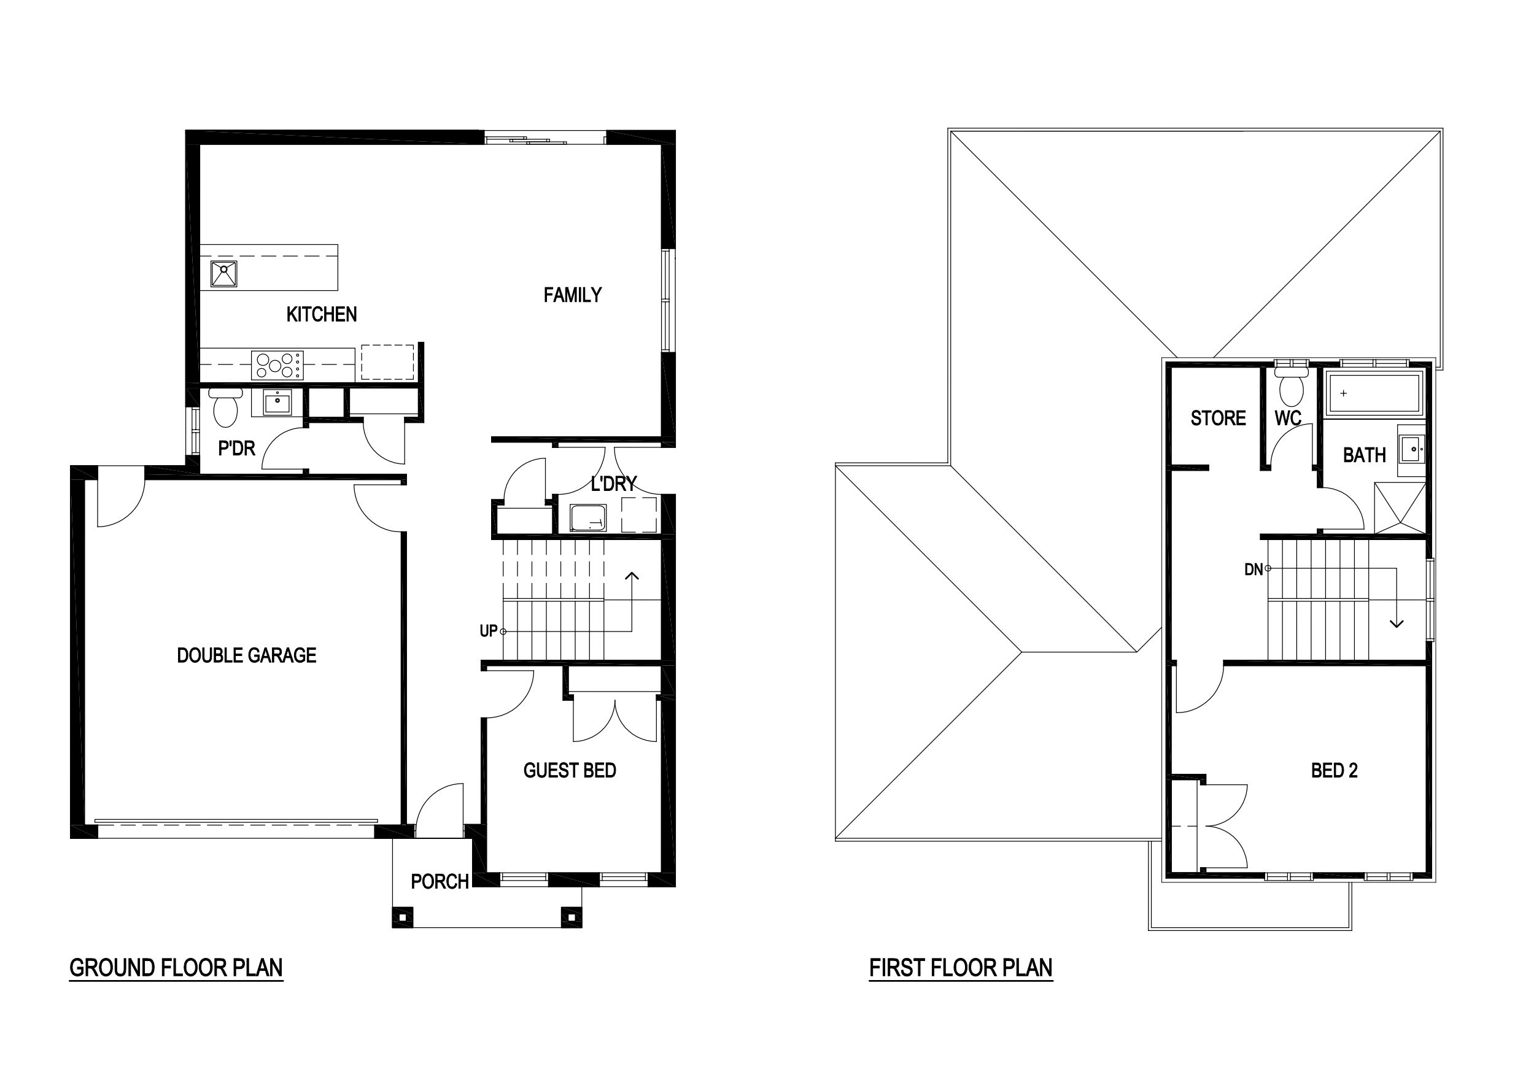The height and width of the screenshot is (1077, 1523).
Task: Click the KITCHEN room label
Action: [322, 314]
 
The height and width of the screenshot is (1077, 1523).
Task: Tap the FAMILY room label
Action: [573, 295]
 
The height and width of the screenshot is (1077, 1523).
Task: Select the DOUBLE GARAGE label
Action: [247, 656]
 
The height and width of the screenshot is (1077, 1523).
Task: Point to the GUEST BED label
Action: [570, 771]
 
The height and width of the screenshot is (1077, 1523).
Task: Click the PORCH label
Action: [440, 882]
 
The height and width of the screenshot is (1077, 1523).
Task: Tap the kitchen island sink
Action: [223, 274]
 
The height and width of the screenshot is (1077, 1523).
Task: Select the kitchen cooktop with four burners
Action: [277, 365]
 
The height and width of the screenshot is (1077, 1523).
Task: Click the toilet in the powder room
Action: [225, 407]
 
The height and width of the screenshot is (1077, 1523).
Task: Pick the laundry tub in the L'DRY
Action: [587, 519]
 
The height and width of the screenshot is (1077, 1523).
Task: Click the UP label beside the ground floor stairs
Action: [488, 631]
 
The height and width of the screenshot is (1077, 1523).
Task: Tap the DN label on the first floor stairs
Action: [1253, 569]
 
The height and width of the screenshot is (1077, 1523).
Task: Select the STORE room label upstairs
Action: [1218, 419]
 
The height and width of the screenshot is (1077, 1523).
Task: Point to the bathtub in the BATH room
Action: [1373, 393]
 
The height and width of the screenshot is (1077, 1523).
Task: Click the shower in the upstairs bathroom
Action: [1400, 508]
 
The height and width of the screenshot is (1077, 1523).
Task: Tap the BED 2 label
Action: [1334, 771]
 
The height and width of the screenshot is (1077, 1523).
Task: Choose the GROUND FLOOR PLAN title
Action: [176, 968]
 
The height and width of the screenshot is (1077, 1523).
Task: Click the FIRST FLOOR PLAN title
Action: [961, 968]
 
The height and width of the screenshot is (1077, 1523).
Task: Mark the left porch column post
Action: [403, 918]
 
